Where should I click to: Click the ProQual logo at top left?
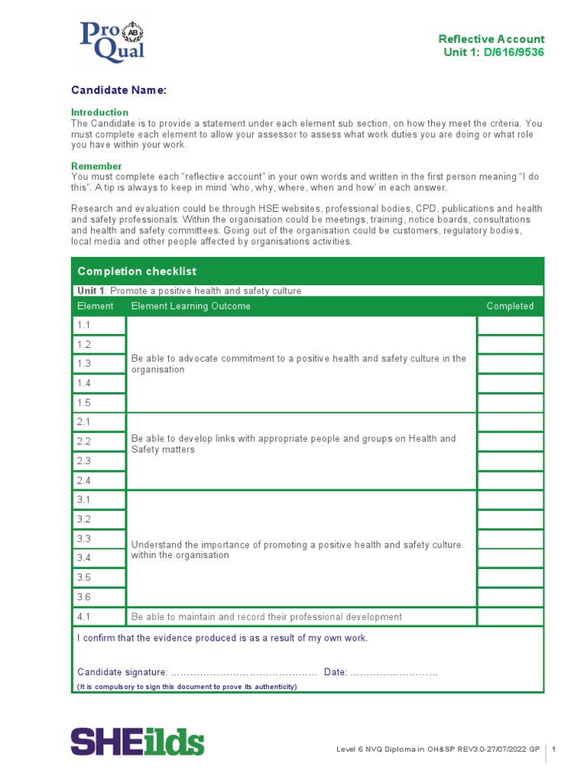(112, 41)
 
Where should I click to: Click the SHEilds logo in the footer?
(138, 742)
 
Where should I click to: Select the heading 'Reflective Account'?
(491, 39)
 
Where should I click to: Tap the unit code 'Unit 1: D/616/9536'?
(494, 52)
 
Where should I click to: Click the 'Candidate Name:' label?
(118, 90)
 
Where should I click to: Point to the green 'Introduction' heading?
(99, 112)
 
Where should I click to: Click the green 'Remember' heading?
(96, 166)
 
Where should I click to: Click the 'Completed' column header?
(510, 306)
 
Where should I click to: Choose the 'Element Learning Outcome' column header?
(190, 306)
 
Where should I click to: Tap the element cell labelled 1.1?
(99, 326)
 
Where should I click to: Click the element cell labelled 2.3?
(99, 461)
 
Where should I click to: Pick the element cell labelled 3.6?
(99, 597)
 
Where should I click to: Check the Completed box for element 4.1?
(510, 616)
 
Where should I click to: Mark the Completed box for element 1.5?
(510, 403)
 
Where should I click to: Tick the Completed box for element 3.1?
(510, 500)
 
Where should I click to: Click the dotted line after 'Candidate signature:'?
(243, 672)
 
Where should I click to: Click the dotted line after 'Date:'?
(394, 672)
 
